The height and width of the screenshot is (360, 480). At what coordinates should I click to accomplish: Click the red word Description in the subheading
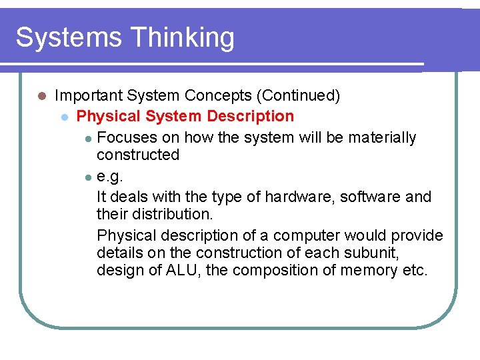click(x=250, y=117)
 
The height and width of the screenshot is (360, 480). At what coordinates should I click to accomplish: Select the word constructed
click(x=138, y=155)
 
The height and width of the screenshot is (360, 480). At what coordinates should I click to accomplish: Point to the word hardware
click(x=295, y=197)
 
